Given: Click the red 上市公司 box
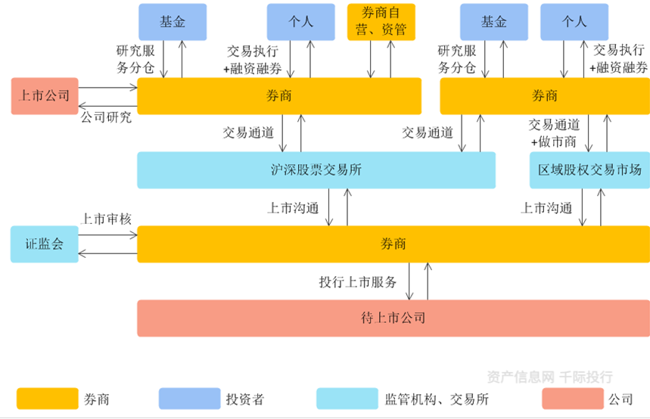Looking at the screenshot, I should click(x=45, y=96).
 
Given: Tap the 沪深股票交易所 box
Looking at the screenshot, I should click(x=316, y=170).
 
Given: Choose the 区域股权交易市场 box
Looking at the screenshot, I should click(x=589, y=170).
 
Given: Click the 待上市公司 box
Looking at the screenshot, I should click(x=393, y=318).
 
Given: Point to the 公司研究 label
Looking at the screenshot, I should click(x=106, y=117).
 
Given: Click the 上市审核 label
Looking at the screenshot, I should click(x=107, y=219).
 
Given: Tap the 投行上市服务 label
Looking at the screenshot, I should click(x=358, y=283).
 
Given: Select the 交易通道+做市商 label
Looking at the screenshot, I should click(x=554, y=133).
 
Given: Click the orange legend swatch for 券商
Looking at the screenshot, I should click(x=48, y=399).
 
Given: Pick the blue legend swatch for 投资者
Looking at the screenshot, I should click(x=189, y=399).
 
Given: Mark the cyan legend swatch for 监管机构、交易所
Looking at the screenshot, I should click(x=347, y=399).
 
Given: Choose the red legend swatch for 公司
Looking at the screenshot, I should click(x=572, y=399).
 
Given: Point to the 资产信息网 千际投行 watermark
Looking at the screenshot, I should click(x=549, y=377).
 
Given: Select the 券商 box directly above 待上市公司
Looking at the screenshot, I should click(x=393, y=244).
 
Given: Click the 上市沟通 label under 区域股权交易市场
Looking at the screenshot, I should click(x=546, y=208).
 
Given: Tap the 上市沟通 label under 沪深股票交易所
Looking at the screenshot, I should click(x=293, y=208).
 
